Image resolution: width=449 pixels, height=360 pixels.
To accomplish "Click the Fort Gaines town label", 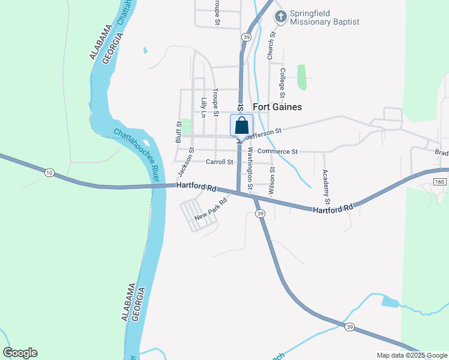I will click(277, 107).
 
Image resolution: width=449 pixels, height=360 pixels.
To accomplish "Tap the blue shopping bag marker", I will click(241, 125).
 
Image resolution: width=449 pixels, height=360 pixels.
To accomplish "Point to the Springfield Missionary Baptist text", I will click(324, 17).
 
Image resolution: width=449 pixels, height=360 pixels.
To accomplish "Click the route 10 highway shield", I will click(49, 173).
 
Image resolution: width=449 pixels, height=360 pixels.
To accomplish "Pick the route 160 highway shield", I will click(440, 181).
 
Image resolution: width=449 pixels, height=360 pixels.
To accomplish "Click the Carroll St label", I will click(219, 162).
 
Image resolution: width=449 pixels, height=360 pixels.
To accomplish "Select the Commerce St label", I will click(277, 152).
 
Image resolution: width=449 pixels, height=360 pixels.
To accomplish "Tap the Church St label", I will click(271, 45).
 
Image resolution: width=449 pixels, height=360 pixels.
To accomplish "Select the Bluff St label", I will click(179, 132).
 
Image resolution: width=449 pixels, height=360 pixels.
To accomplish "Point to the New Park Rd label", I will click(211, 208).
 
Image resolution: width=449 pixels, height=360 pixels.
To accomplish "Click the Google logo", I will click(20, 353).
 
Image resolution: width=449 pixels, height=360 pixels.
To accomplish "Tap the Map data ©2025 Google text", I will click(412, 355).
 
